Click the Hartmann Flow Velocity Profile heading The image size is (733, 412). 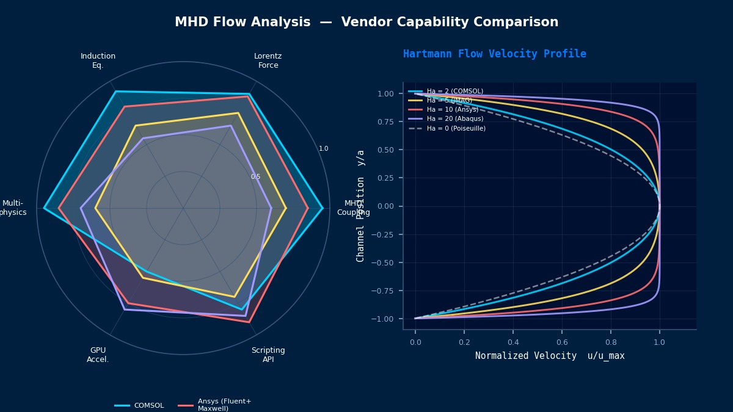click(x=494, y=54)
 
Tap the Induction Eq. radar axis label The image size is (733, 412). click(x=98, y=60)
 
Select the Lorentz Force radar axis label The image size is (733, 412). click(x=268, y=60)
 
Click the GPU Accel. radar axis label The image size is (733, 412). click(x=98, y=355)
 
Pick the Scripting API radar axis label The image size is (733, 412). click(x=268, y=355)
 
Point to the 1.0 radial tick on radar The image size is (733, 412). click(x=323, y=148)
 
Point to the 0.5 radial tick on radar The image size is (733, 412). click(x=255, y=177)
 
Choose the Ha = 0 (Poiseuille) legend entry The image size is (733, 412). click(x=456, y=128)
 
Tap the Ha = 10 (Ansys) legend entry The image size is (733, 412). click(x=452, y=110)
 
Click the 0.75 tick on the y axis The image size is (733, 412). click(x=385, y=121)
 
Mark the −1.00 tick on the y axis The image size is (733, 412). click(x=383, y=319)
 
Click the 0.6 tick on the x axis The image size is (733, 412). click(x=561, y=342)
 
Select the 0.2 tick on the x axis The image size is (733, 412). click(x=464, y=342)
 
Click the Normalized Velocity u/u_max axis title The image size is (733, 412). click(x=550, y=356)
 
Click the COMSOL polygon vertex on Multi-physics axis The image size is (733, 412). click(x=44, y=208)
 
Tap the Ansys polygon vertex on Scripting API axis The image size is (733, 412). click(x=249, y=322)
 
